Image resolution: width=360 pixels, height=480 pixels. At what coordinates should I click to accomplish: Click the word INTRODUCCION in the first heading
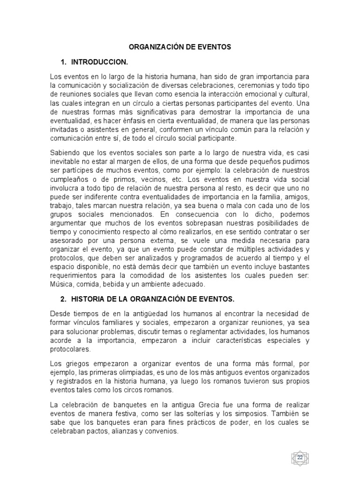point(100,62)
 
